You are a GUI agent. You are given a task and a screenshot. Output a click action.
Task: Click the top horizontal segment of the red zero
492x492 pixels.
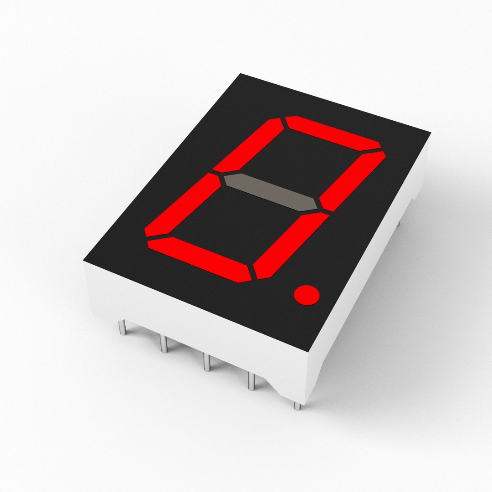(x=333, y=133)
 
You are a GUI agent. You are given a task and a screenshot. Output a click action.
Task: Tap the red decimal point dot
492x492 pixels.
(x=307, y=295)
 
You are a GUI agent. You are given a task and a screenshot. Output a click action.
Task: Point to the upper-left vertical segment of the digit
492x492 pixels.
(x=249, y=144)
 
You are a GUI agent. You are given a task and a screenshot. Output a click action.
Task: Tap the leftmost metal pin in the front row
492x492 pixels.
(x=122, y=328)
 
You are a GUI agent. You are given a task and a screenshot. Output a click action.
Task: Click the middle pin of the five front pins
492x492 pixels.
(x=207, y=363)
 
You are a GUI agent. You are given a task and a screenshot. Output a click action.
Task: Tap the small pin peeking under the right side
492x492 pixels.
(x=399, y=223)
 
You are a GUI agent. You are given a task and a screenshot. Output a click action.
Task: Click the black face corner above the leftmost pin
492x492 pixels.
(x=84, y=261)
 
